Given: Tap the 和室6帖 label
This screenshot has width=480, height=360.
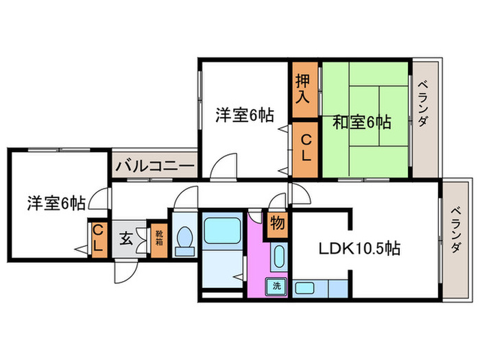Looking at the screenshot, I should click(361, 123).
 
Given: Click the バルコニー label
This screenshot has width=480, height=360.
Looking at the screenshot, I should click(155, 165).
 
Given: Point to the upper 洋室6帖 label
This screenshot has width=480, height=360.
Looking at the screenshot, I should click(244, 116).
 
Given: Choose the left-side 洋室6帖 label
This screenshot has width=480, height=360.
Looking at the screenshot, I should click(56, 203).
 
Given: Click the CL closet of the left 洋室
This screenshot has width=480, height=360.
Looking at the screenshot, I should click(98, 237).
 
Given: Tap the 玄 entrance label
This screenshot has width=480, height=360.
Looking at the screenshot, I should click(127, 239).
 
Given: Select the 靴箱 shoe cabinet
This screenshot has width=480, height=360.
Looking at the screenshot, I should click(158, 239).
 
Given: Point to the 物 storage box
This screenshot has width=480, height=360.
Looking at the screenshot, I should click(277, 224).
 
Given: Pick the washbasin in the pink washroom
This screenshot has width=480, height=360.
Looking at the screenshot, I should click(278, 258).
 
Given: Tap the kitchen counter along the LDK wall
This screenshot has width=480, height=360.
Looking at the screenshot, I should click(321, 289).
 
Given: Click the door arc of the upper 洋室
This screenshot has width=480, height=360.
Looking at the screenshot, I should click(222, 167).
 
